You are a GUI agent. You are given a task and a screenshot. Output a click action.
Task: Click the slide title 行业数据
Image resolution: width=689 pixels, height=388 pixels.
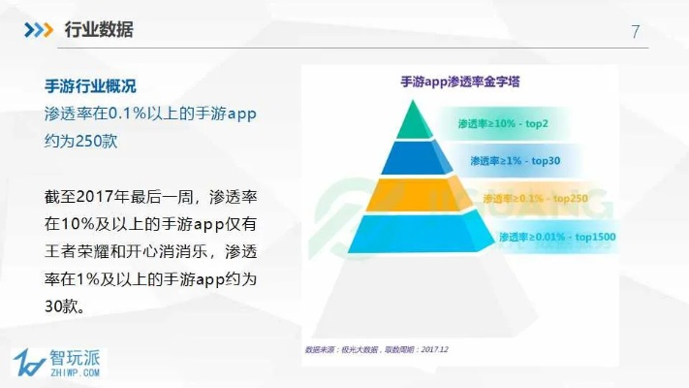pyautogui.click(x=98, y=30)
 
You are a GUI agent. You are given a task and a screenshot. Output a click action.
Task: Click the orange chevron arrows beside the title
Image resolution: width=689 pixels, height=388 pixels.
pyautogui.click(x=39, y=30)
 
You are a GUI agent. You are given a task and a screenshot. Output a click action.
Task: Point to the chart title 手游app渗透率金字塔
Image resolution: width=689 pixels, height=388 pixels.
pyautogui.click(x=460, y=82)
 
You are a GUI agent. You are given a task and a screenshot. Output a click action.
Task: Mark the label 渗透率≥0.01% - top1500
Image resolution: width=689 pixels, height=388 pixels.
pyautogui.click(x=557, y=236)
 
